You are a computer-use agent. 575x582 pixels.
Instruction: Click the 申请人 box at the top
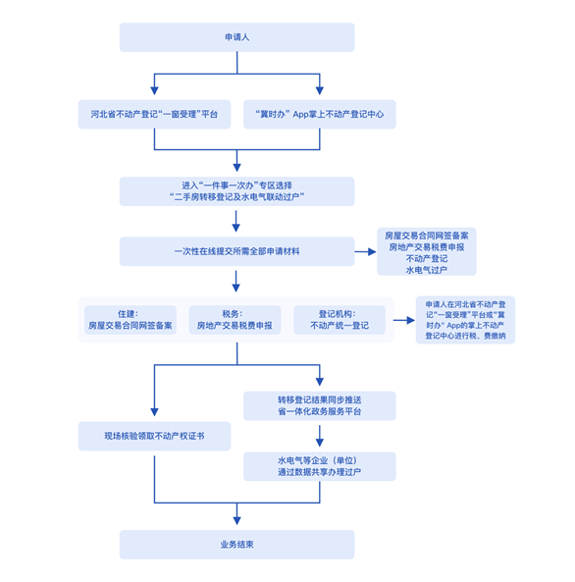[236, 37]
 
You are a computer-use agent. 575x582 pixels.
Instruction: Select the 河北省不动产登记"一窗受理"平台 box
[154, 114]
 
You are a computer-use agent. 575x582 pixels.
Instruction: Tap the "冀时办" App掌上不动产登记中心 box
[320, 114]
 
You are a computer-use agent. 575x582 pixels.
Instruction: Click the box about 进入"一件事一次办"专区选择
[236, 191]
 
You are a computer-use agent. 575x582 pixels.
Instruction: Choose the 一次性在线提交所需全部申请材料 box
[236, 251]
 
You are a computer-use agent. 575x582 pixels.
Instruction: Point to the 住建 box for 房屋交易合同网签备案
[131, 320]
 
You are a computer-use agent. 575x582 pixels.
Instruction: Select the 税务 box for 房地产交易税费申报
[235, 320]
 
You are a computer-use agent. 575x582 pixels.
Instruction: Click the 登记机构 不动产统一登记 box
[340, 320]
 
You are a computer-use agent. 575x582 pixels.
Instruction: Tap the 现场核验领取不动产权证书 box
[154, 436]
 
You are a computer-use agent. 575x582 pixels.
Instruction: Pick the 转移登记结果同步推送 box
[320, 405]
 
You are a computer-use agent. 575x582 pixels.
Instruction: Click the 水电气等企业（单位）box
[320, 466]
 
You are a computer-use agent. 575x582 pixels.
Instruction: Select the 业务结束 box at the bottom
[236, 545]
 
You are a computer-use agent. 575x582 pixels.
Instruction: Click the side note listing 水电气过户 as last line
[427, 251]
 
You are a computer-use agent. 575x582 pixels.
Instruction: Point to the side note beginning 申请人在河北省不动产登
[465, 320]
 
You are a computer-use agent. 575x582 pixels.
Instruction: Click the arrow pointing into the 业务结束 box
[236, 514]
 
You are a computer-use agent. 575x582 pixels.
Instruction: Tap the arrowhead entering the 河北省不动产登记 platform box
[154, 90]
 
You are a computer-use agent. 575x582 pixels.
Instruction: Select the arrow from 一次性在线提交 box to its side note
[365, 251]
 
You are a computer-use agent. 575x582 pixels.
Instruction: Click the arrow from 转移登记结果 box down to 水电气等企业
[320, 436]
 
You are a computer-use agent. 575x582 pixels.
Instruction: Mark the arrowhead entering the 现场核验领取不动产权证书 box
[154, 412]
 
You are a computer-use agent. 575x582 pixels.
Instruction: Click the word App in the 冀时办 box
[300, 114]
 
